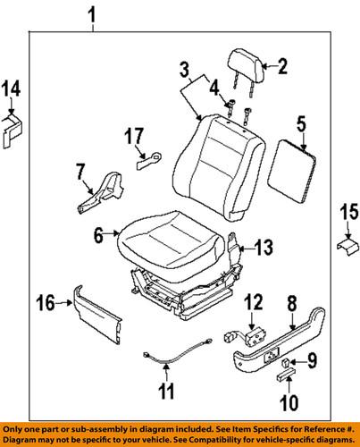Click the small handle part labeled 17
(x=147, y=161)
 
